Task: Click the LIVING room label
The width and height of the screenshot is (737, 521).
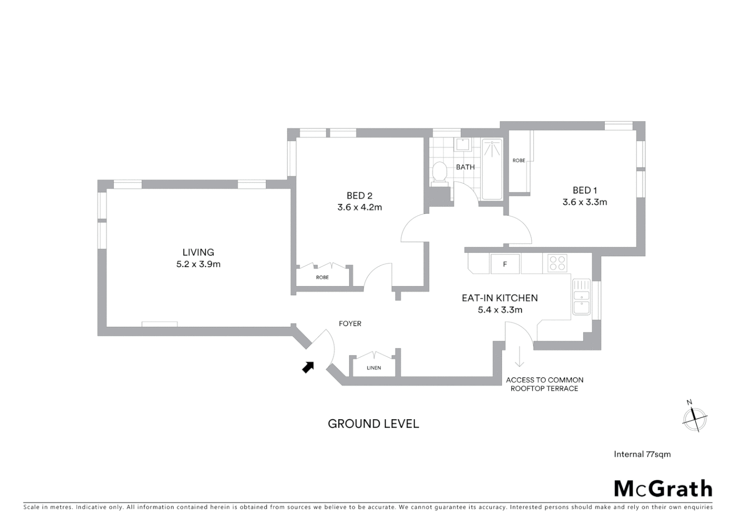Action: tap(198, 252)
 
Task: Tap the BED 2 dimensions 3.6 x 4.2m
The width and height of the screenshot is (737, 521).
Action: tap(359, 208)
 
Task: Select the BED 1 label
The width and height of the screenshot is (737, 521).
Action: tap(585, 191)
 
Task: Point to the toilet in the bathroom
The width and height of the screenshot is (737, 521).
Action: tap(439, 173)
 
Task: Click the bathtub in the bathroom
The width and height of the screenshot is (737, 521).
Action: tap(492, 169)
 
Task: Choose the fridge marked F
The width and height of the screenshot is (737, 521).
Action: tap(505, 264)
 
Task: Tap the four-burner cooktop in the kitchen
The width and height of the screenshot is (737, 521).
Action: tap(558, 263)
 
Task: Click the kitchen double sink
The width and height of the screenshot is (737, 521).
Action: tap(582, 298)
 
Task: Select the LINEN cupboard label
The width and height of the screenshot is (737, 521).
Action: tap(374, 368)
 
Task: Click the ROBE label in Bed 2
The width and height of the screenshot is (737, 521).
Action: tap(322, 277)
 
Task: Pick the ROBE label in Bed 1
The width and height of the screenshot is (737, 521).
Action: tap(519, 161)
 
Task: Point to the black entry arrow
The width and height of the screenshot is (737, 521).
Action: tap(308, 368)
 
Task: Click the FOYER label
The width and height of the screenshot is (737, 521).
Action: tap(350, 324)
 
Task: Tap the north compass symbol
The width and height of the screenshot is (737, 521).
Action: tap(695, 418)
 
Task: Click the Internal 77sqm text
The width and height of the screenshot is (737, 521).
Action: tap(642, 454)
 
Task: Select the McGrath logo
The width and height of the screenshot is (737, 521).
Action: tap(663, 489)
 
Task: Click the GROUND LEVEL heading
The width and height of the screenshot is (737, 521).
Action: tap(373, 424)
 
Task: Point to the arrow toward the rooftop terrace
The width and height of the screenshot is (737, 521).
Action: tap(519, 357)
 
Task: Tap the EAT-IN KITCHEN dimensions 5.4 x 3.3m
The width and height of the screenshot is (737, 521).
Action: tap(500, 310)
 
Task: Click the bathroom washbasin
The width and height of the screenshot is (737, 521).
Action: tap(464, 145)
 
